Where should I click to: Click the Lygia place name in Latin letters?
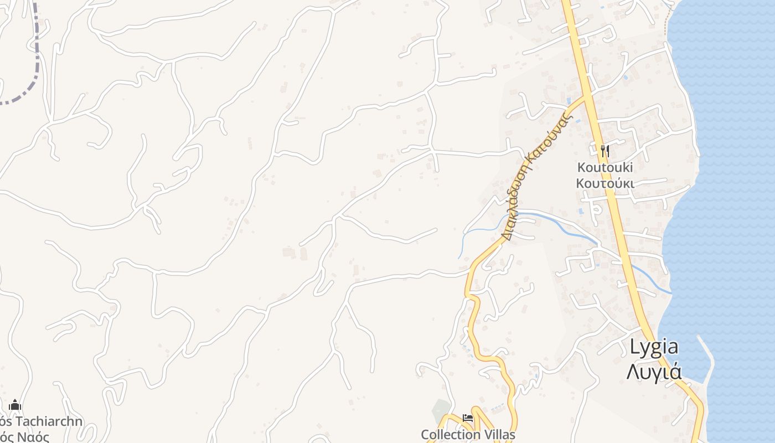coord(654,347)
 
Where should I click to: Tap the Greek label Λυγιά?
coord(654,372)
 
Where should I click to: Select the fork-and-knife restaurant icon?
coord(604,151)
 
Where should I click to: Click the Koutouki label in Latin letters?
coord(604,167)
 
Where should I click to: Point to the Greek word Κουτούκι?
coord(604,183)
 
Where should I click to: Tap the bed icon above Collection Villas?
coord(468,419)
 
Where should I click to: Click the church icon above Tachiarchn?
coord(15,405)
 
